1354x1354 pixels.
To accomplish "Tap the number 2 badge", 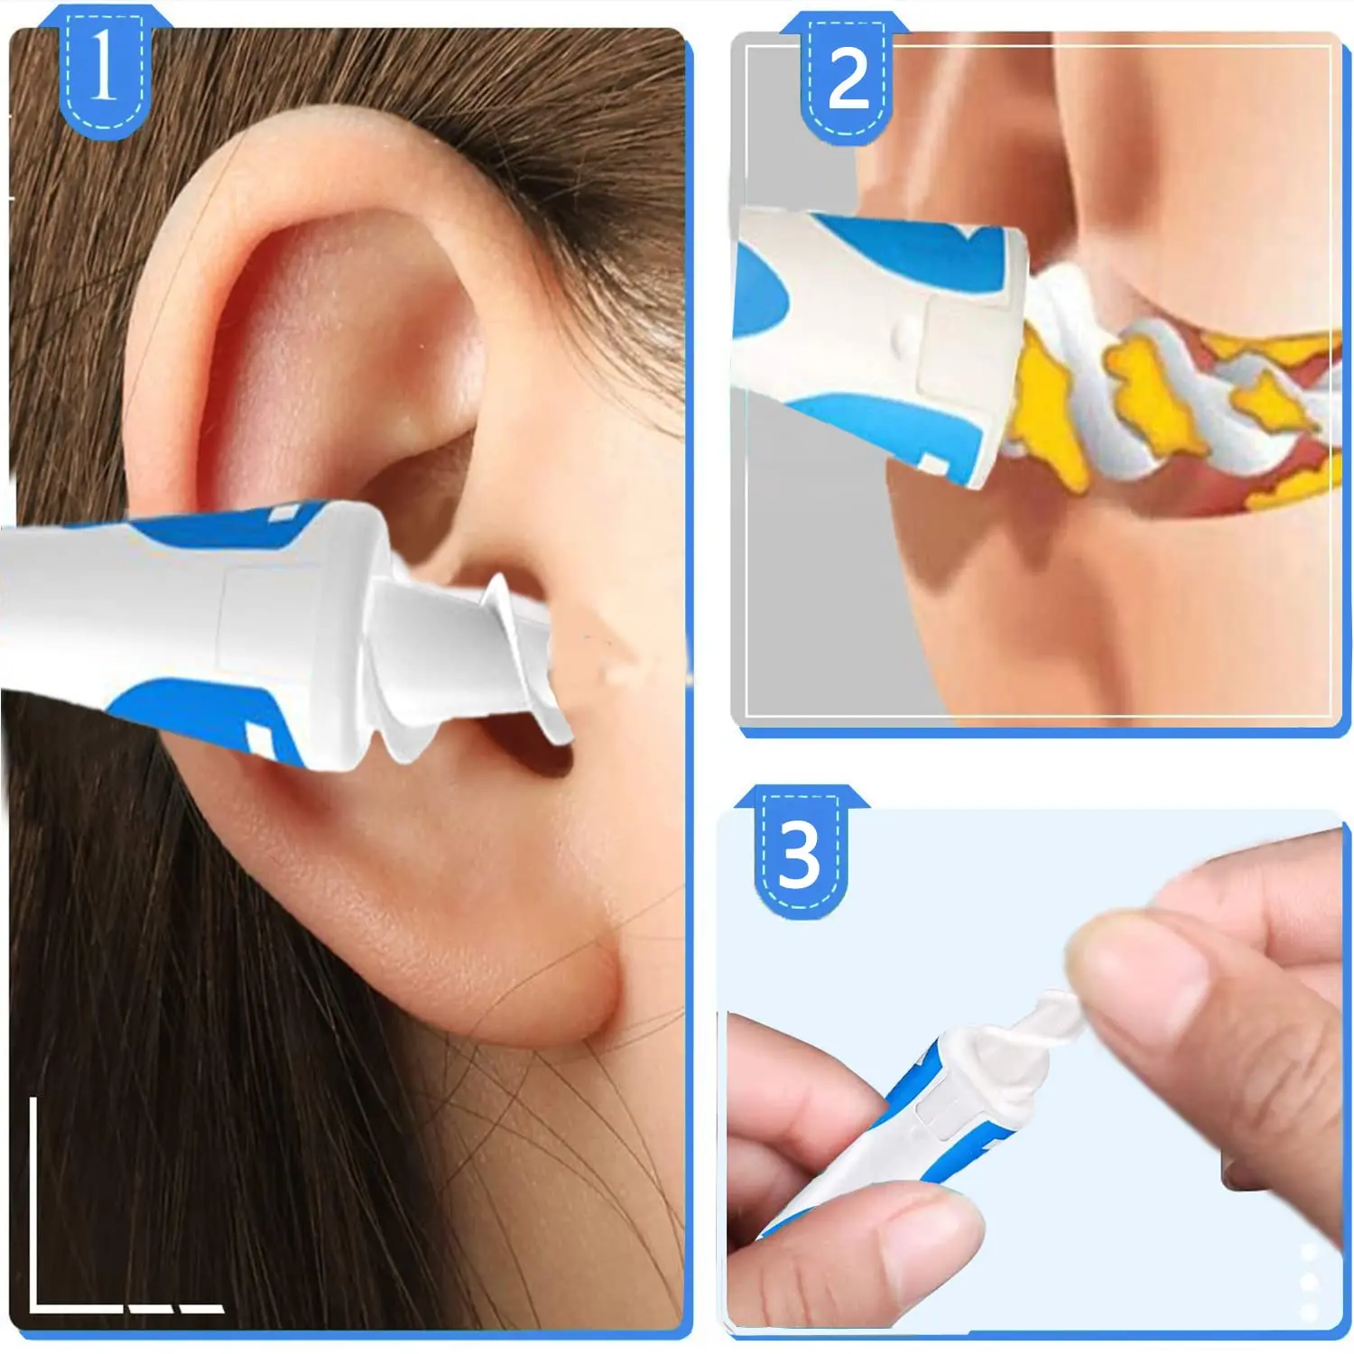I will coord(848,79).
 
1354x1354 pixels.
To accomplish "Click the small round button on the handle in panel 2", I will coord(900,336).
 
